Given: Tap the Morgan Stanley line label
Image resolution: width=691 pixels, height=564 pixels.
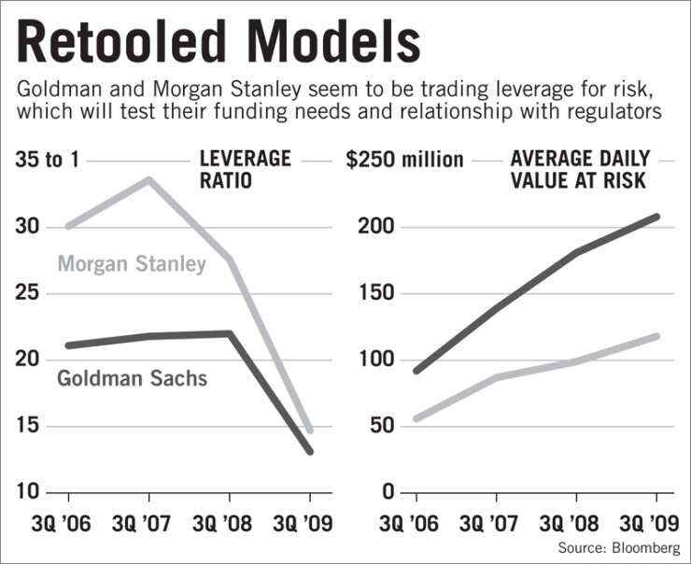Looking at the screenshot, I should [x=132, y=264].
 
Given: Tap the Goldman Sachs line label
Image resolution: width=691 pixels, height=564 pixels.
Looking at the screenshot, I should [x=132, y=378].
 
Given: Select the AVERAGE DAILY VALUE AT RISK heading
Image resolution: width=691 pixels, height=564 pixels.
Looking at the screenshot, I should [x=579, y=169].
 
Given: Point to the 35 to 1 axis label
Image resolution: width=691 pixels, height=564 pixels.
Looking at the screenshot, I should [x=49, y=160].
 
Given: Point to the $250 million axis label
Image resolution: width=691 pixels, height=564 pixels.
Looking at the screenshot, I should [x=404, y=160].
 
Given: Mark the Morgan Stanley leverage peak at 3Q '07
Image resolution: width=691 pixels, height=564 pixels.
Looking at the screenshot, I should [x=148, y=179].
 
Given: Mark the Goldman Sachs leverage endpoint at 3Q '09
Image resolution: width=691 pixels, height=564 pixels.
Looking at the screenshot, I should [x=310, y=451].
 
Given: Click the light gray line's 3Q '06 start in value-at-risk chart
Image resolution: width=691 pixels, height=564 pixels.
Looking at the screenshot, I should [x=416, y=418].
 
